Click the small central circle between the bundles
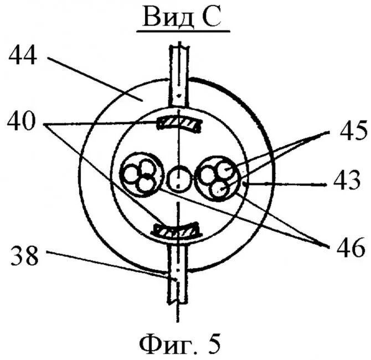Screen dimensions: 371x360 tap(178, 178)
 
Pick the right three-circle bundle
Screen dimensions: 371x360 tap(218, 177)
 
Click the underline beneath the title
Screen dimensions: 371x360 tap(182, 33)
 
